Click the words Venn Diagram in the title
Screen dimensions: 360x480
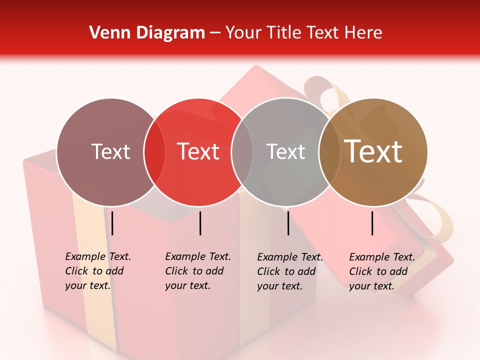(147, 33)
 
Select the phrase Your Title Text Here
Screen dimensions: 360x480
(303, 33)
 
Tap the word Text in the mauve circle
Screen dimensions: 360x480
(110, 151)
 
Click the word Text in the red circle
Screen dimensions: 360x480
(198, 151)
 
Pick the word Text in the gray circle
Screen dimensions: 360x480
(285, 151)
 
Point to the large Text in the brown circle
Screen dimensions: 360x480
(373, 151)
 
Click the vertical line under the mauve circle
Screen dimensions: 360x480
(112, 223)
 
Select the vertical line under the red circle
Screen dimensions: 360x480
(200, 223)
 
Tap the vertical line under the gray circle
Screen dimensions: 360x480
(288, 223)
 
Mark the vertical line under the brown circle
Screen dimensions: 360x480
(372, 223)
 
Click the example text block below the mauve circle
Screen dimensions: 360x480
(97, 271)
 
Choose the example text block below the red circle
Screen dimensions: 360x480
(197, 271)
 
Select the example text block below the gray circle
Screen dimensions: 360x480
(289, 271)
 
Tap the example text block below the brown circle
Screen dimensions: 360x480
(381, 271)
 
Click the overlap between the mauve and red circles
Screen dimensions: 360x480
(154, 151)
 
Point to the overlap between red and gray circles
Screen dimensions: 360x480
(242, 151)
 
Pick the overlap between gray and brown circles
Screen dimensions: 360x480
(329, 151)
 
